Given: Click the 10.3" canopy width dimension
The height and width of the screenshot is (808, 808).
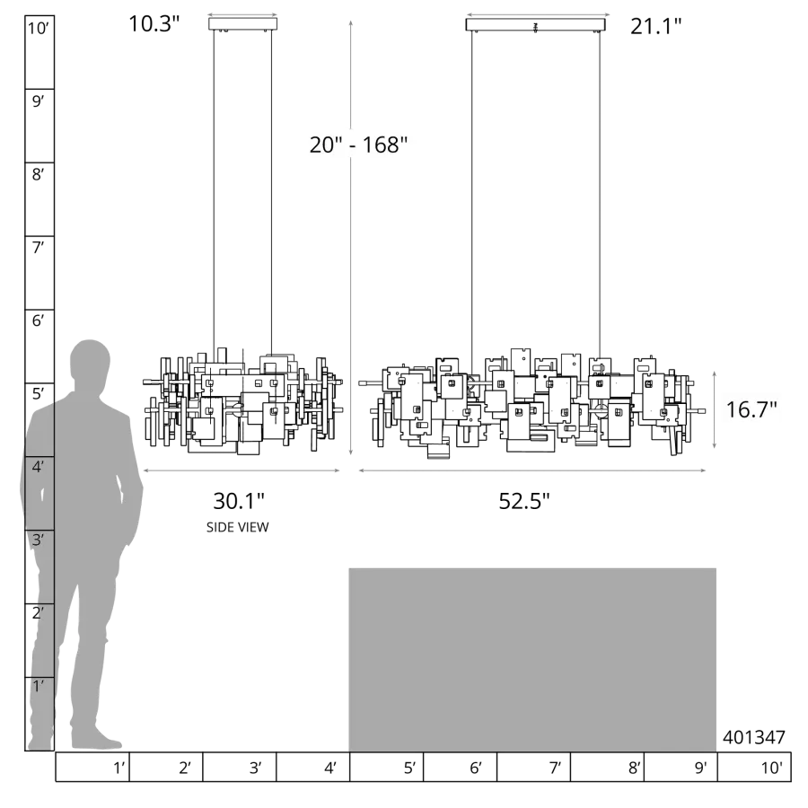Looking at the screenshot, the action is pos(154,23).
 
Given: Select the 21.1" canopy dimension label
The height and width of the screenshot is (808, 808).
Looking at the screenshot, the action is pos(656,26).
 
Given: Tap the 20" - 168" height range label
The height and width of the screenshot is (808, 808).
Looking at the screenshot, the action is pos(358,145).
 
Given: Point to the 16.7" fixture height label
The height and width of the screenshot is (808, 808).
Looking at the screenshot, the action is pos(751,409).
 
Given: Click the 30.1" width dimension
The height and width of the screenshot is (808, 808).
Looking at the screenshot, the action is pos(239,501).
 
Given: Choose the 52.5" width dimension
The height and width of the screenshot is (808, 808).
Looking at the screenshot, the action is pos(524,501).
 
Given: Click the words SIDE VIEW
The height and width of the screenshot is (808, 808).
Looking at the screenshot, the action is pos(238,527).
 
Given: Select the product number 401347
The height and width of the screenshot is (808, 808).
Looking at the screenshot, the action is pos(754,737).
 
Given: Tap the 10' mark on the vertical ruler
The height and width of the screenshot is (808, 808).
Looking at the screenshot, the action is pos(38,28).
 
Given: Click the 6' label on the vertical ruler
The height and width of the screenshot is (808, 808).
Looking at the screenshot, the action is pos(38,321).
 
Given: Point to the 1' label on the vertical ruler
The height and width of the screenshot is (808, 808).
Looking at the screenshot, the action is pos(38,687).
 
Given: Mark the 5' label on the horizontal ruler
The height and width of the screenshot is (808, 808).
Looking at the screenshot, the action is pos(409,768).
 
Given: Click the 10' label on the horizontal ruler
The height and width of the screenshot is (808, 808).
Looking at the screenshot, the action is pos(772,768).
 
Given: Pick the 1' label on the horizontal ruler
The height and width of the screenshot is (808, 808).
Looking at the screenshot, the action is pos(119,768).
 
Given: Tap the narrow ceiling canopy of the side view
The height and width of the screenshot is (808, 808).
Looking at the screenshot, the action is pos(242,24).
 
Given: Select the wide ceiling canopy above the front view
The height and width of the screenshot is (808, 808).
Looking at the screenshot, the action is pos(535,25).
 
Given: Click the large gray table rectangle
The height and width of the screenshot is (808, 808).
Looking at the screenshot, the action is pos(532,660).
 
